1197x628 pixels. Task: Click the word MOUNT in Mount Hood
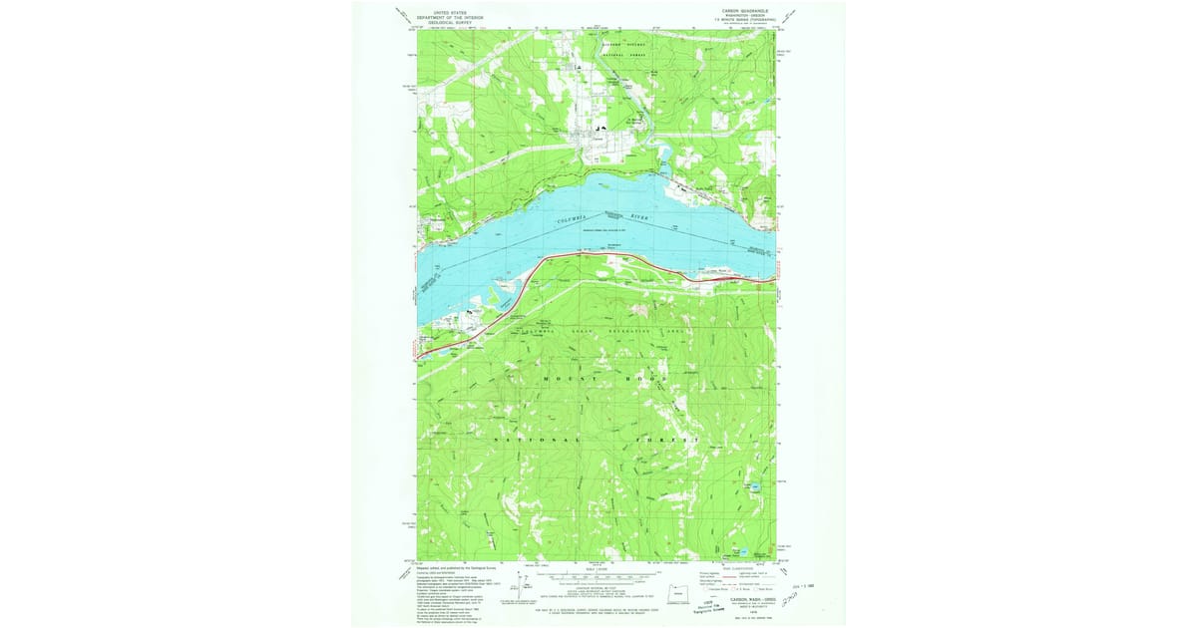[564, 380]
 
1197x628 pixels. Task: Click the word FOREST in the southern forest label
[674, 439]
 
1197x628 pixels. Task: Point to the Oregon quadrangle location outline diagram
[677, 591]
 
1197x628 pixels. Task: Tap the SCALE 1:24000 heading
[598, 569]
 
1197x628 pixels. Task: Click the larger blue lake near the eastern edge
[755, 486]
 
